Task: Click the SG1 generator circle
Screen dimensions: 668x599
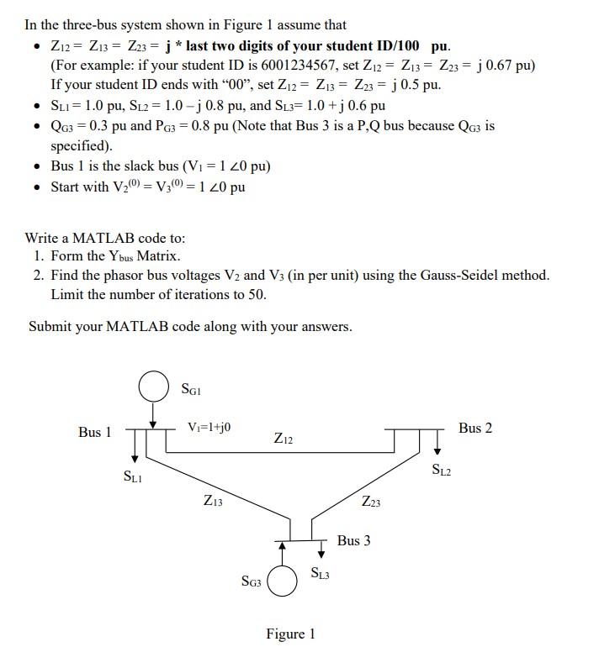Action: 153,389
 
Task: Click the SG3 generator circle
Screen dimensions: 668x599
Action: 284,581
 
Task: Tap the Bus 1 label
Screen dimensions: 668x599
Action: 94,432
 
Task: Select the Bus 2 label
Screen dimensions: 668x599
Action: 475,429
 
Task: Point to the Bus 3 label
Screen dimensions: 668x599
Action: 353,540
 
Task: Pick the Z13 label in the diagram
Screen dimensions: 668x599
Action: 213,501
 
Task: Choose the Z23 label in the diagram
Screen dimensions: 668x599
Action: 371,502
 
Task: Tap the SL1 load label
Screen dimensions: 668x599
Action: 132,477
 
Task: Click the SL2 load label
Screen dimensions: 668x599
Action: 442,470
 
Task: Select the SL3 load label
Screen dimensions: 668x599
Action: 320,575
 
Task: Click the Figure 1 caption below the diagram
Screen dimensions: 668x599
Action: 290,634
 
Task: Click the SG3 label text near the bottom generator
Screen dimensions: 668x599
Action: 252,581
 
